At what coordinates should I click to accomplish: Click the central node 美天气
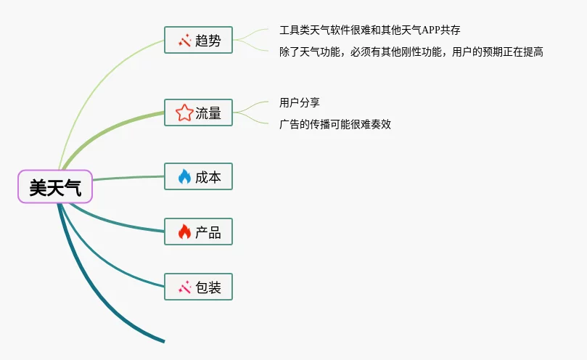[55, 188]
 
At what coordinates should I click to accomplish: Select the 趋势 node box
[198, 41]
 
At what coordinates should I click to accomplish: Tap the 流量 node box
[198, 112]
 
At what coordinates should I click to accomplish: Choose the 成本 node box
[198, 176]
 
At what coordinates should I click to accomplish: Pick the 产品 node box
[198, 232]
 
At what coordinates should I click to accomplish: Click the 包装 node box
[198, 287]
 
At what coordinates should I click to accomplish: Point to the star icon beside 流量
[184, 112]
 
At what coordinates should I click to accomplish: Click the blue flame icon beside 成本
[184, 176]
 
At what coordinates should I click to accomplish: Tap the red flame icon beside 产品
[184, 232]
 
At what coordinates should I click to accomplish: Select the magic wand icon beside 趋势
[184, 41]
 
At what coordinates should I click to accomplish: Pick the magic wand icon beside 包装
[184, 287]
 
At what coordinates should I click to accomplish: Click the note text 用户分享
[299, 103]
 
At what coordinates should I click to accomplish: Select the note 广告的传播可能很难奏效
[334, 124]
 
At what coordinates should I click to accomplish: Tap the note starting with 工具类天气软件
[369, 30]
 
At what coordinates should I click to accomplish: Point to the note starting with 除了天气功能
[411, 52]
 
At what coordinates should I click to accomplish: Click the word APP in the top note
[428, 30]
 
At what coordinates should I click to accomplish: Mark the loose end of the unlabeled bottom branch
[163, 340]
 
